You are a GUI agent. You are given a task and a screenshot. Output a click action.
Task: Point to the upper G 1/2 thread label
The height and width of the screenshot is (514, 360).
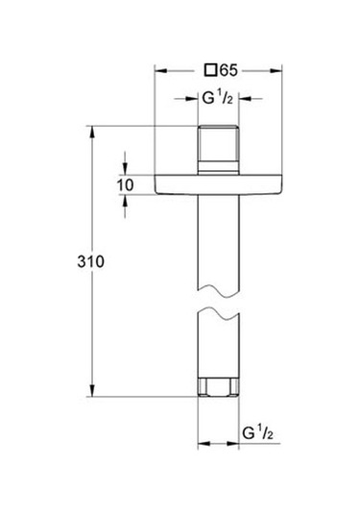(x=220, y=97)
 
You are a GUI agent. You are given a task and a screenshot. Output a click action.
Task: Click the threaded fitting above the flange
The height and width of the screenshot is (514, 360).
(x=220, y=149)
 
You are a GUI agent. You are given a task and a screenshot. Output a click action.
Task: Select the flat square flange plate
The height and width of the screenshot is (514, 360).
(x=220, y=184)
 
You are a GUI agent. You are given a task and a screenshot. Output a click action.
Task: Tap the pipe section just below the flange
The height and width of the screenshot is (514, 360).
(x=220, y=240)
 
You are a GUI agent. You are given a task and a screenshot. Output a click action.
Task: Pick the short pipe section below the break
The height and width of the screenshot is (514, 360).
(x=220, y=346)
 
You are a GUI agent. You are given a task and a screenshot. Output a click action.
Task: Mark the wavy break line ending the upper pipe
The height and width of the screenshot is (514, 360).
(x=220, y=293)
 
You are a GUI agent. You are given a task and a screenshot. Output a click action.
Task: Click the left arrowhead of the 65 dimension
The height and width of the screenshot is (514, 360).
(x=159, y=69)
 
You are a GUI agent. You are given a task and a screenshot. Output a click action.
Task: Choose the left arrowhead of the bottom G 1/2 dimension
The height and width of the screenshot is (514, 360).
(x=203, y=444)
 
